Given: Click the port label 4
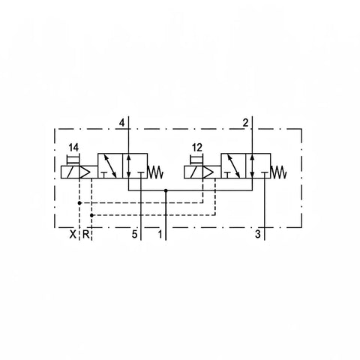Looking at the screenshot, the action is pos(121,123).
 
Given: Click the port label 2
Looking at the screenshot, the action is pos(246,123).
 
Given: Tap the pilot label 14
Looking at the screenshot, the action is pos(73,148).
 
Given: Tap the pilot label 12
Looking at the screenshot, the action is pos(197,148).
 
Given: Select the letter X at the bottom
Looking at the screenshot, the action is pos(73,234).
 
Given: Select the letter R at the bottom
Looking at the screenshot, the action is pos(85,234).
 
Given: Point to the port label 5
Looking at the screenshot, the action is pos(134,234).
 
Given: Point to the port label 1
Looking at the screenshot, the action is pos(160,234).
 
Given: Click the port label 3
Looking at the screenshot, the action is pos(258,234).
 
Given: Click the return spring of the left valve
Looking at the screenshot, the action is pos(156,172).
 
